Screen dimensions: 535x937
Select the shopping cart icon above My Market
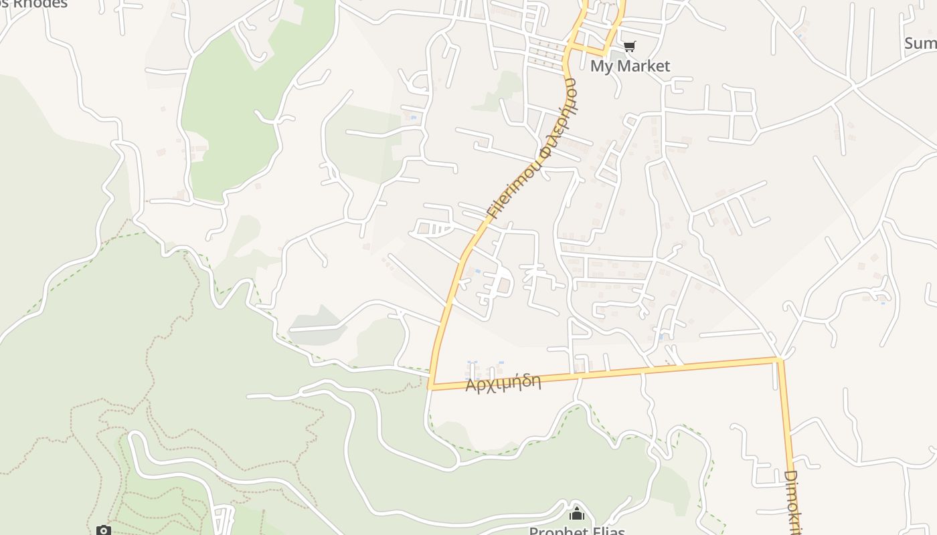click(629, 46)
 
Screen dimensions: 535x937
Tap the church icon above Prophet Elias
click(576, 514)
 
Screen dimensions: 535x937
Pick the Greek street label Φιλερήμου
click(560, 118)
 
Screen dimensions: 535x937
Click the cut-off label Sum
click(920, 43)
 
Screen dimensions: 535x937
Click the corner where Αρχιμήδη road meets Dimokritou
click(779, 360)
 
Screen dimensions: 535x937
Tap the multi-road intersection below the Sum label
click(853, 84)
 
